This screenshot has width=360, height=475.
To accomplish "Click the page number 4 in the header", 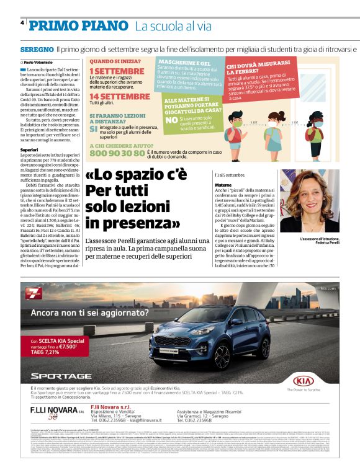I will pyautogui.click(x=22, y=24).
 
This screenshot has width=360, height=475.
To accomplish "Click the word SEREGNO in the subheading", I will pyautogui.click(x=37, y=48).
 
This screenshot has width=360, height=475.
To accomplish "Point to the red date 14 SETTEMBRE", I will pyautogui.click(x=120, y=97).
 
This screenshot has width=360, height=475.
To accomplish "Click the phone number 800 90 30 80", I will pyautogui.click(x=117, y=153).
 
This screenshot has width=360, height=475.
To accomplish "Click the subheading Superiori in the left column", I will pyautogui.click(x=30, y=149).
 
